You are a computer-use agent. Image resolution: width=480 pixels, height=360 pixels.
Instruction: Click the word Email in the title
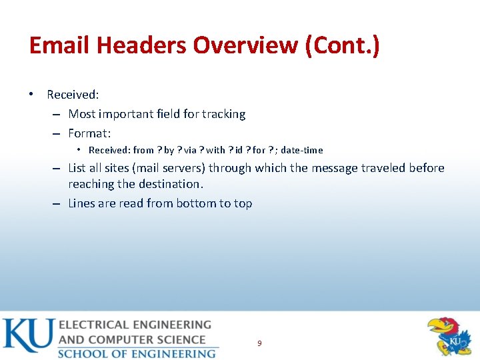60,46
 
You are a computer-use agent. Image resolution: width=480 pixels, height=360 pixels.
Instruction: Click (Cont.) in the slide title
341,46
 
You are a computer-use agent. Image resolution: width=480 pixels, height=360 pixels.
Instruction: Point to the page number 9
259,343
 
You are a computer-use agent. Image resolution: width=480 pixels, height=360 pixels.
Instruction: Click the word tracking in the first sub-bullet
223,114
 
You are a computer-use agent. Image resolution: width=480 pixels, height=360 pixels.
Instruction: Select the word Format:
89,133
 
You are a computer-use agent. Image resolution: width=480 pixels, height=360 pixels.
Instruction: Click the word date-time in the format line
302,150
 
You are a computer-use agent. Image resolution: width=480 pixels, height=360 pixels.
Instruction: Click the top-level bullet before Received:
31,95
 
